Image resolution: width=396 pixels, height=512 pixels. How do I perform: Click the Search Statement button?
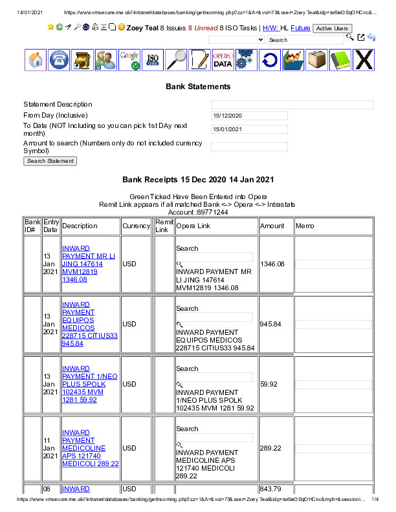click(50, 161)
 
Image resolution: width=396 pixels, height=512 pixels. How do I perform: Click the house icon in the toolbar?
click(36, 60)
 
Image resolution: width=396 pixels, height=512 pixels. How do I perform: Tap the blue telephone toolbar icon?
click(59, 60)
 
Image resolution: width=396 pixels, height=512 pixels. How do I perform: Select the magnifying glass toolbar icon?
click(176, 60)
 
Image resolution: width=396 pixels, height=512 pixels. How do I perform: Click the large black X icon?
click(364, 60)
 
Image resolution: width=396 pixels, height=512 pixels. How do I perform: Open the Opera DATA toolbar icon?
click(223, 60)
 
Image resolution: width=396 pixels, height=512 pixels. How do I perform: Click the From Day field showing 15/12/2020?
click(249, 116)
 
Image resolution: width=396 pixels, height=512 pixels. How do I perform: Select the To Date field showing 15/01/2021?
click(249, 129)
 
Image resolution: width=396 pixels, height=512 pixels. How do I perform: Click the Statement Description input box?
click(292, 105)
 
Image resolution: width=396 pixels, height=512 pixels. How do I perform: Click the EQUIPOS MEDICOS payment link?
click(89, 324)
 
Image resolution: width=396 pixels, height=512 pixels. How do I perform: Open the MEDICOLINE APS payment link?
click(89, 448)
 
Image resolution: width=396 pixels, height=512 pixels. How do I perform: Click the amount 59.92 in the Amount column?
click(269, 384)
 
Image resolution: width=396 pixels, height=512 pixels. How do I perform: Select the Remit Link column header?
click(164, 226)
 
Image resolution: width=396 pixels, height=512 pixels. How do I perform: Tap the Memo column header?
click(305, 226)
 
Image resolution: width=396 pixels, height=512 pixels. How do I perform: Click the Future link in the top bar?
click(300, 28)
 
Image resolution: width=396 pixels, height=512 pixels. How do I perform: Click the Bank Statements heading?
click(198, 86)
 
